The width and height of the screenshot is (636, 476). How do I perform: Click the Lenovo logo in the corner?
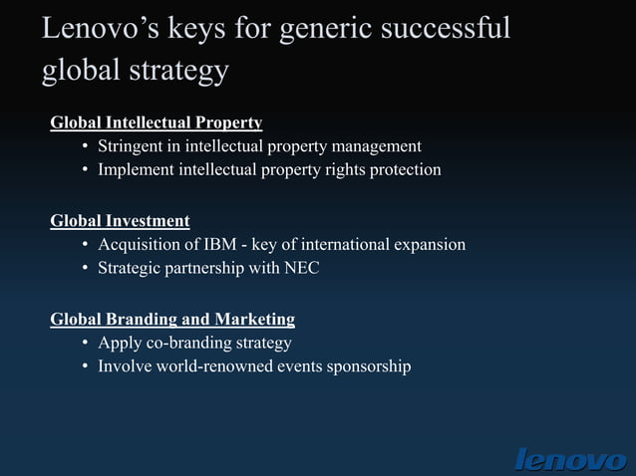pyautogui.click(x=570, y=459)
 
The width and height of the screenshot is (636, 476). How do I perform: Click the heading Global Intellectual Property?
pyautogui.click(x=157, y=123)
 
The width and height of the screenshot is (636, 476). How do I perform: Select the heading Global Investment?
pyautogui.click(x=120, y=221)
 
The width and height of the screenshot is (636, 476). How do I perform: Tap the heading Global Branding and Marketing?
pyautogui.click(x=172, y=320)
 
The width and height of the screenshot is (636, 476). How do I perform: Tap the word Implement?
pyautogui.click(x=139, y=170)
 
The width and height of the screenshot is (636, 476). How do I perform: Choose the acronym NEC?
pyautogui.click(x=301, y=268)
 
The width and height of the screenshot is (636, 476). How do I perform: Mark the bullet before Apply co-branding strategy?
pyautogui.click(x=87, y=344)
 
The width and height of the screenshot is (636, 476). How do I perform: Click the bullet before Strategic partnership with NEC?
pyautogui.click(x=87, y=269)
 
